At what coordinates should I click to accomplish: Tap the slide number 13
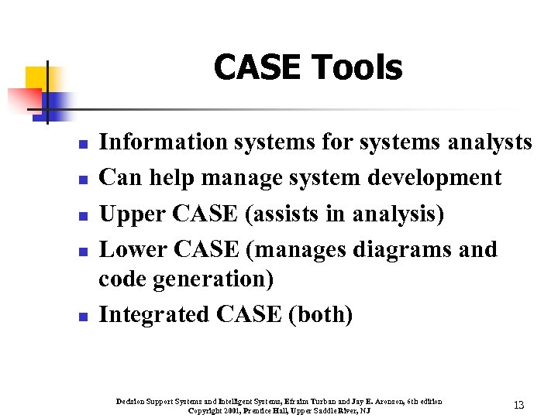click(518, 406)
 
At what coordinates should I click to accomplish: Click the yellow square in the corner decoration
click(37, 78)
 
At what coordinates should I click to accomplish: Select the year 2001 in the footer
click(231, 410)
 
